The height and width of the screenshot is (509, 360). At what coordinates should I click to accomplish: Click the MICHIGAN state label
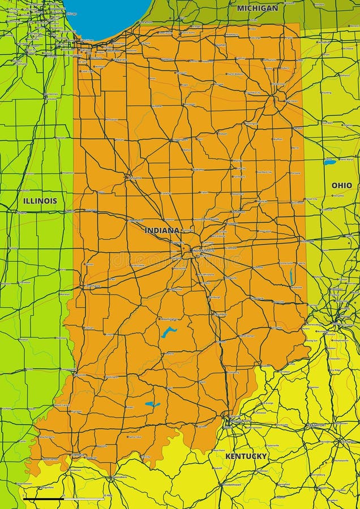(258, 8)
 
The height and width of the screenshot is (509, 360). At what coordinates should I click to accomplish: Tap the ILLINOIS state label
(40, 201)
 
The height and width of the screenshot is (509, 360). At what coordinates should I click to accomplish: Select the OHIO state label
(341, 186)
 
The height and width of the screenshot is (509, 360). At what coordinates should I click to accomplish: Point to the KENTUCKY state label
(246, 456)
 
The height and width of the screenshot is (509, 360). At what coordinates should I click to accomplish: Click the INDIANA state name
(161, 231)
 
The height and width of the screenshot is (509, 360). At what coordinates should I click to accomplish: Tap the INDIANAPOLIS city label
(203, 251)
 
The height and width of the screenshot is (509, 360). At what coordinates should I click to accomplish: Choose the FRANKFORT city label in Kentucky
(316, 425)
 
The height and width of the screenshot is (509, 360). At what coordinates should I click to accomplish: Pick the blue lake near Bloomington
(168, 332)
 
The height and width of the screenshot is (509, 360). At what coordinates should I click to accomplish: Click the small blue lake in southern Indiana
(152, 404)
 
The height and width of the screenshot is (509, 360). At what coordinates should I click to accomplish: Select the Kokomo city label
(198, 169)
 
